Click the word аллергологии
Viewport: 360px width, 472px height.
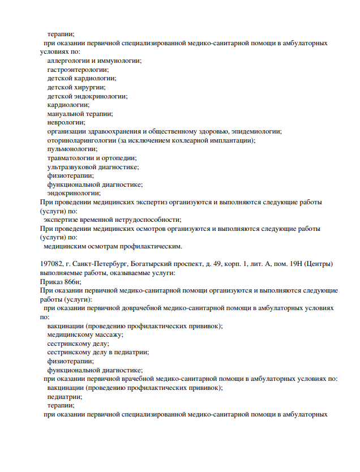[x=67, y=61]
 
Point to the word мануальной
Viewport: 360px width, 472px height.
[x=66, y=114]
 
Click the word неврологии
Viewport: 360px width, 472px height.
[x=66, y=122]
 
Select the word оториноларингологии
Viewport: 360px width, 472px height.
[x=81, y=140]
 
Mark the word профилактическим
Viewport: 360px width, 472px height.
[x=149, y=246]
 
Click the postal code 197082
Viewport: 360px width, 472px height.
[x=50, y=264]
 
